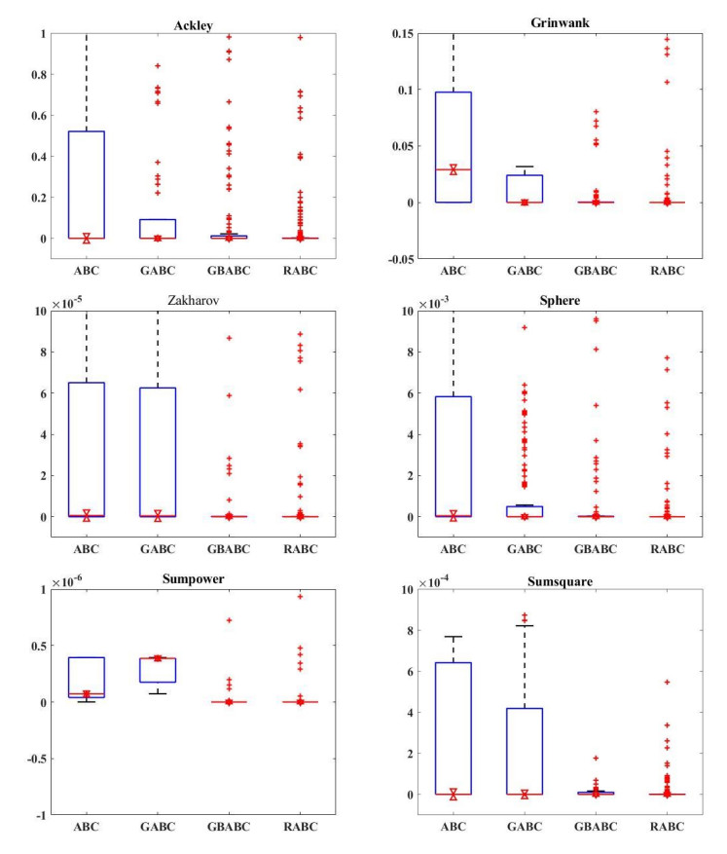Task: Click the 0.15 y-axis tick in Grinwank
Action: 405,33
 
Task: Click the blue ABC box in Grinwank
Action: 453,146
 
